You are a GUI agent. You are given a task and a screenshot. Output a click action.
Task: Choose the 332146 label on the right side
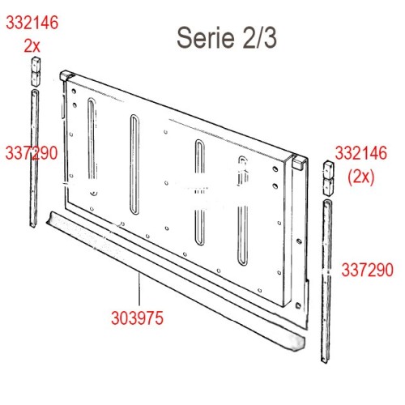[361, 151]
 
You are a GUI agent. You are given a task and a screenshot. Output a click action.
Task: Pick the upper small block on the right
[329, 172]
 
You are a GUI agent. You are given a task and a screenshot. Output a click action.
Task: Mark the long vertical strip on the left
[35, 154]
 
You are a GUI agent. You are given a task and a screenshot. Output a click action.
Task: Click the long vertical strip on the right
[328, 275]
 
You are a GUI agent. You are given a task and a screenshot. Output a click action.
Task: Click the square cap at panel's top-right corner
[299, 163]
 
